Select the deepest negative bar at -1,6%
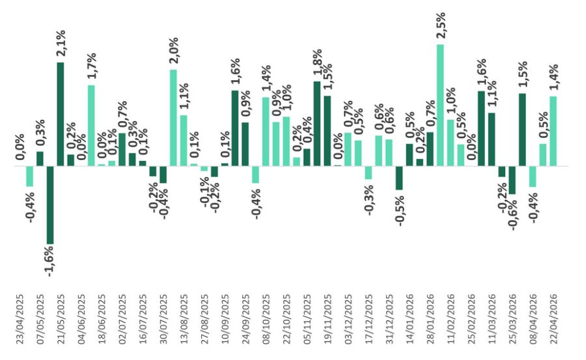click(50, 205)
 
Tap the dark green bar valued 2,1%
click(61, 114)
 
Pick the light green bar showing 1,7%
click(91, 126)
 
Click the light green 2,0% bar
click(173, 118)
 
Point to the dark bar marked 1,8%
click(317, 124)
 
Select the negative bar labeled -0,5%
click(399, 178)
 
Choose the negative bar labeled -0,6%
click(512, 180)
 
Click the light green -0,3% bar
click(369, 173)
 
